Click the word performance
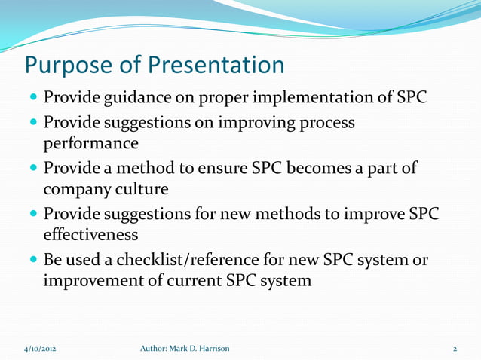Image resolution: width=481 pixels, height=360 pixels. point(90,142)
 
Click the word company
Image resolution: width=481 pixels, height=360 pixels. point(78,188)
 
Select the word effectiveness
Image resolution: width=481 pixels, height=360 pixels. point(96,234)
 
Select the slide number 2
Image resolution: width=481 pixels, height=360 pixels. point(455,349)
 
